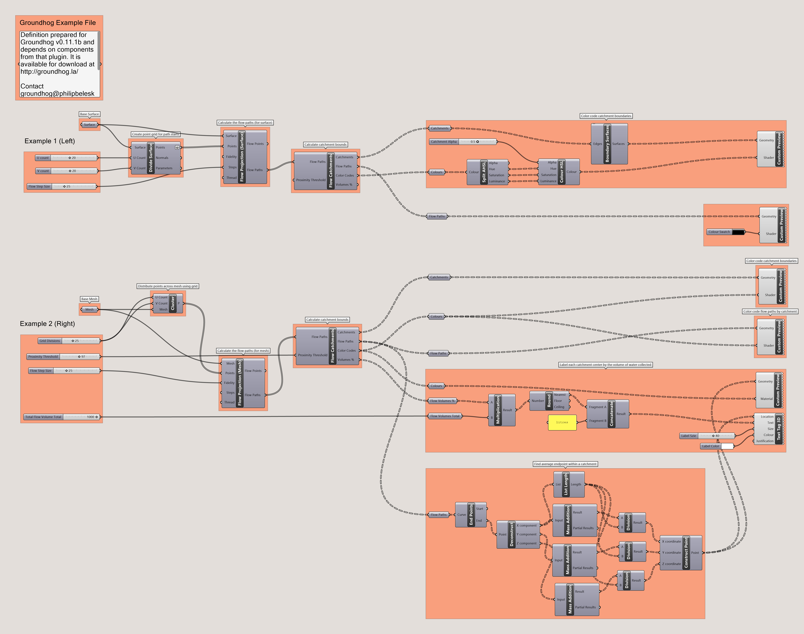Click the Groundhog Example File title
pyautogui.click(x=58, y=23)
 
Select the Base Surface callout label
pyautogui.click(x=89, y=114)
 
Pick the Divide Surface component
pyautogui.click(x=151, y=158)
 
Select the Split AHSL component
pyautogui.click(x=484, y=172)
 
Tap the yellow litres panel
pyautogui.click(x=562, y=422)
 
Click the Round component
pyautogui.click(x=549, y=401)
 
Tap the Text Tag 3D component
pyautogui.click(x=778, y=429)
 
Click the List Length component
pyautogui.click(x=566, y=484)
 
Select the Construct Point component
pyautogui.click(x=686, y=552)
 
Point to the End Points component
pyautogui.click(x=471, y=514)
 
